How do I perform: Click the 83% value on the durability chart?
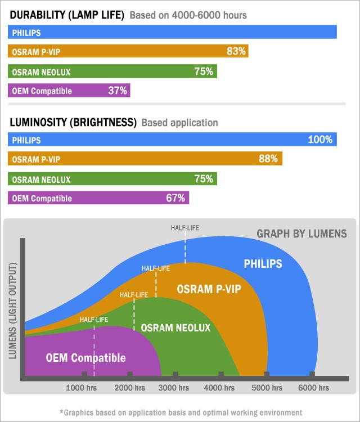pos(236,51)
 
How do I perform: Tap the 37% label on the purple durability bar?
pos(118,90)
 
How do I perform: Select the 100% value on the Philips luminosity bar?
pos(320,140)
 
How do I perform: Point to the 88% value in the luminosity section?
pos(268,159)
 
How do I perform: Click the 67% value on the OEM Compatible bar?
pos(175,198)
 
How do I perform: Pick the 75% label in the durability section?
pos(204,71)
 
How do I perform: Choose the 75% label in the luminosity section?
pos(204,179)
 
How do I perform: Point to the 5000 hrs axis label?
pos(266,388)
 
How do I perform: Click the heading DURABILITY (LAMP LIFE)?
pos(67,15)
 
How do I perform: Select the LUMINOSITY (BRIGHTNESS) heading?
pos(73,122)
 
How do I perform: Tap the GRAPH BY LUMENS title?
pos(301,234)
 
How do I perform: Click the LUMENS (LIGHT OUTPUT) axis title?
pos(13,309)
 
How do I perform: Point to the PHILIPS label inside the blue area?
pos(263,263)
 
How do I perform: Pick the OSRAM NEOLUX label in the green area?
pos(175,327)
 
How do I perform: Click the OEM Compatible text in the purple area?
pos(85,358)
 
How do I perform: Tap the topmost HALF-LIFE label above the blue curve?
pos(185,228)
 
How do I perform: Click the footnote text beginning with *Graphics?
pos(181,412)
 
